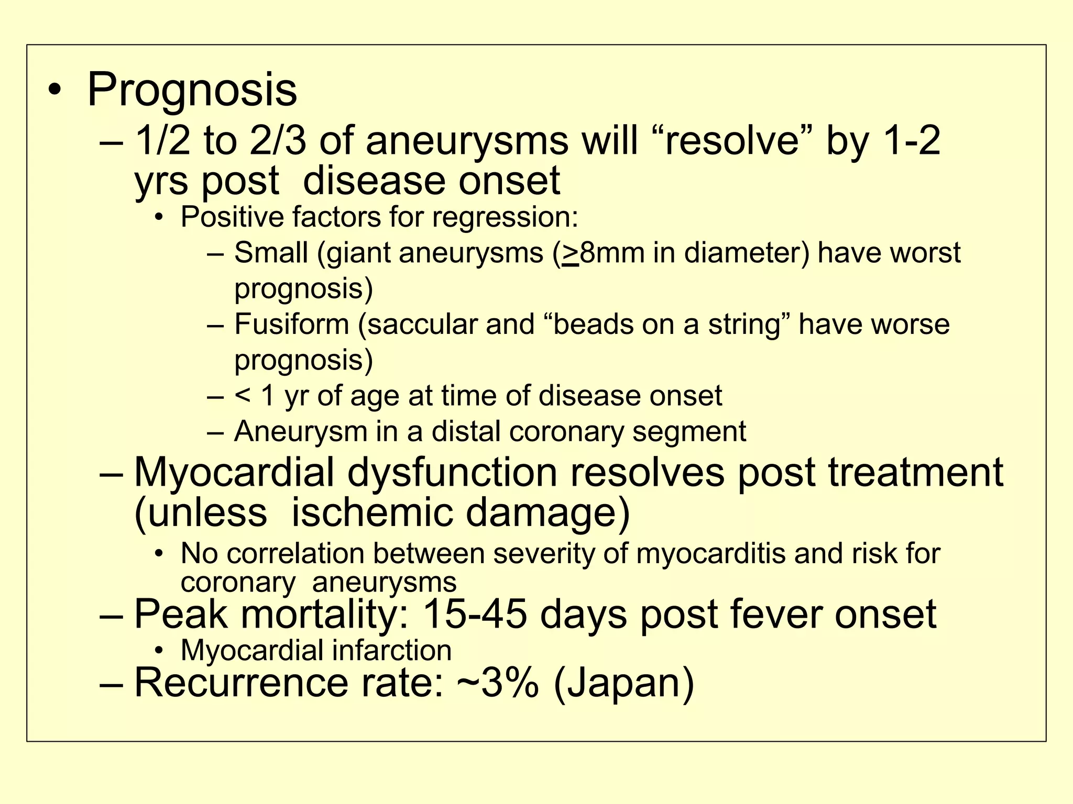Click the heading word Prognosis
tap(192, 90)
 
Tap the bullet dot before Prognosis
tap(54, 91)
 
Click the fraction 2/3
tap(278, 141)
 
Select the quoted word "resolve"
tap(732, 141)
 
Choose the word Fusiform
tap(291, 324)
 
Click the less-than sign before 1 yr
tap(242, 395)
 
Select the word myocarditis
tap(710, 553)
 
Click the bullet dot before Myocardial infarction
tap(159, 651)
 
